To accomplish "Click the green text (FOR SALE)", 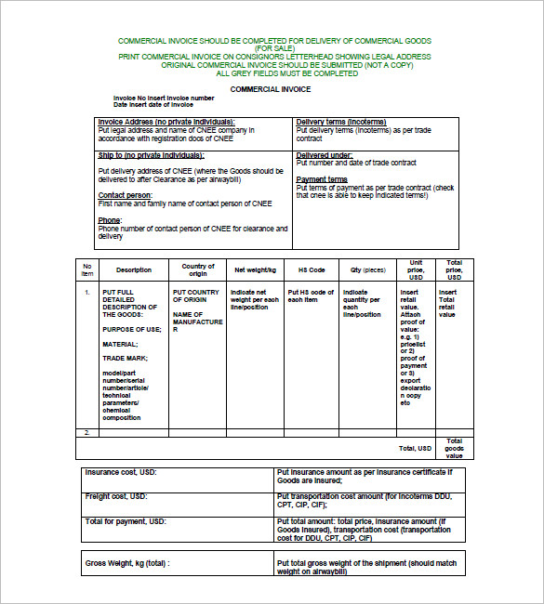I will tap(272, 48).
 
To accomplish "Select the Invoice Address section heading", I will tap(166, 122).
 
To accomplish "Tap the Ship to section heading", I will tap(151, 155).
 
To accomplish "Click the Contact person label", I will tap(126, 195).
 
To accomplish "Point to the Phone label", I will tap(111, 220).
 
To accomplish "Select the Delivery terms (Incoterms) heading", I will tap(341, 122).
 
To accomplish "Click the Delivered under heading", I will tap(325, 155).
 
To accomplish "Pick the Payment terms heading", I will tap(322, 179).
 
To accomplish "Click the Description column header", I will tap(134, 270).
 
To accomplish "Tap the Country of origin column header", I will tap(198, 270).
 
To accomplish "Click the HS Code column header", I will tap(311, 270).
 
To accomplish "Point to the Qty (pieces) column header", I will tap(367, 270).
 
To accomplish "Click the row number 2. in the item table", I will tap(86, 433).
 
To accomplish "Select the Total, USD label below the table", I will tap(415, 449).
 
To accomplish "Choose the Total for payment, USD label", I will tap(126, 522).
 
